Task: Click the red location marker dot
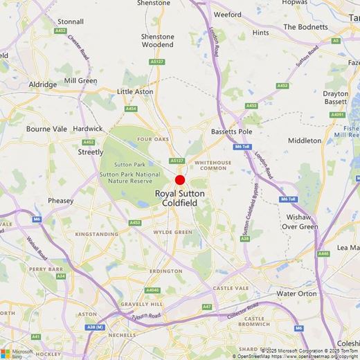(x=180, y=179)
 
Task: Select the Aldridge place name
(x=43, y=84)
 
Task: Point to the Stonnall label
(x=70, y=21)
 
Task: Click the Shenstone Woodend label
(x=158, y=40)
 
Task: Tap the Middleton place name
(x=305, y=141)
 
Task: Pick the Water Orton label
(x=296, y=294)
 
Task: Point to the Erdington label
(x=170, y=271)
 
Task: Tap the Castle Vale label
(x=231, y=287)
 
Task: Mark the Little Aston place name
(x=134, y=91)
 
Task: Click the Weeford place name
(x=228, y=14)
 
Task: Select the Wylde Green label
(x=172, y=232)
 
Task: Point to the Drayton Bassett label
(x=336, y=98)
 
